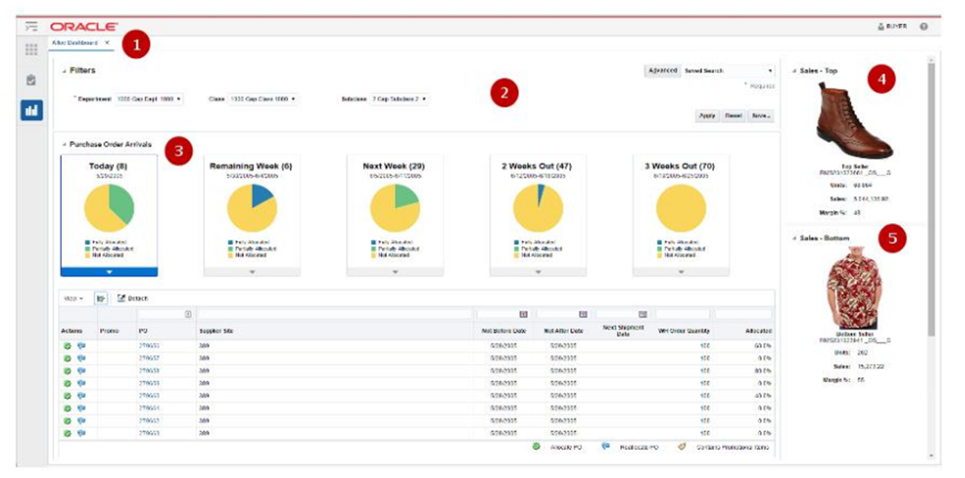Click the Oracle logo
coord(84,27)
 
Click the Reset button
coord(733,116)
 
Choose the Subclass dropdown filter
coord(399,99)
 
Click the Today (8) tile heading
coord(109,166)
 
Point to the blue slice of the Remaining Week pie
coord(262,194)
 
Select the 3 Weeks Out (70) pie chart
coord(680,209)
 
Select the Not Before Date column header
coord(499,330)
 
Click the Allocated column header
coord(757,330)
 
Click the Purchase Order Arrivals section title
coord(111,144)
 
